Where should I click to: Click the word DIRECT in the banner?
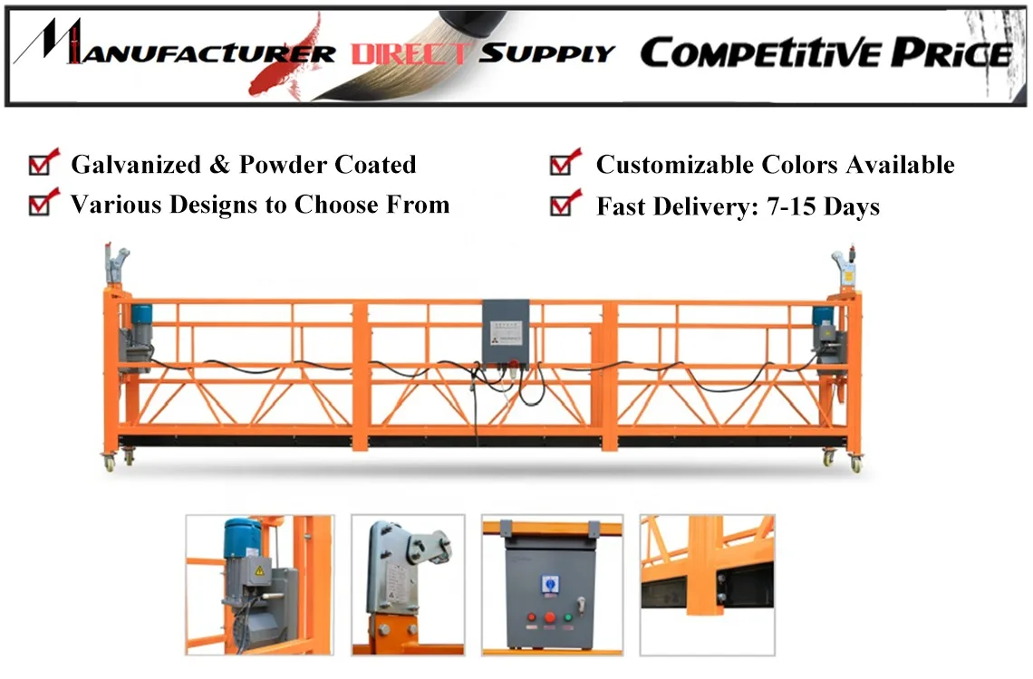point(412,53)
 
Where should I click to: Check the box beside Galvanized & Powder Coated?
point(40,165)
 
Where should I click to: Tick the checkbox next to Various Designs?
point(40,205)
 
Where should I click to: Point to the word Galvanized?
point(123,165)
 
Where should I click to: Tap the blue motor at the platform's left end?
point(142,316)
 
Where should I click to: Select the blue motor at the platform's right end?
point(822,316)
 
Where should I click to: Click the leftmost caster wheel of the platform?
point(110,464)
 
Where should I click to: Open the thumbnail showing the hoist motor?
point(260,585)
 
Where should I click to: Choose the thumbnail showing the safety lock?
point(408,585)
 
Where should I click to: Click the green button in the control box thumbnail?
point(568,619)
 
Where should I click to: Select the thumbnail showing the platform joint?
point(708,585)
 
